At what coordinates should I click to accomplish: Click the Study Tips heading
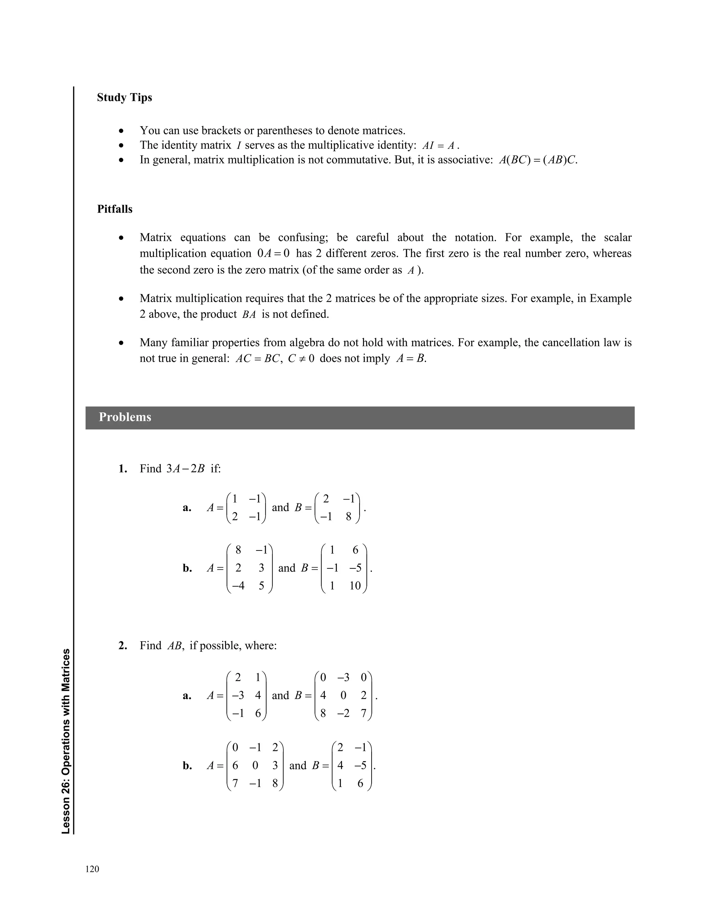[124, 98]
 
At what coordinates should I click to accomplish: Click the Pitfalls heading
[115, 209]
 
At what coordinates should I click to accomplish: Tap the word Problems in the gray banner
[125, 417]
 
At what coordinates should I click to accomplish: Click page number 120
[92, 869]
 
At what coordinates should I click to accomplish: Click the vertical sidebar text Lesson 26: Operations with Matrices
[65, 741]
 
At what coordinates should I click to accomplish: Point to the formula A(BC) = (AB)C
[538, 160]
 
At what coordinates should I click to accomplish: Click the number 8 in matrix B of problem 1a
[349, 517]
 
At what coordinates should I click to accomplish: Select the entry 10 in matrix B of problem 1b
[355, 586]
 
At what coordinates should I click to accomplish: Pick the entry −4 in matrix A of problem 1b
[238, 586]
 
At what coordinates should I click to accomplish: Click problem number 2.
[122, 646]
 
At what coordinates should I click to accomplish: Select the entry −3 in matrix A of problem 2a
[238, 695]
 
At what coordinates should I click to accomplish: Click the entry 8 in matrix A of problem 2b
[275, 783]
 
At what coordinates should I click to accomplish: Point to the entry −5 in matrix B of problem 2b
[361, 766]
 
